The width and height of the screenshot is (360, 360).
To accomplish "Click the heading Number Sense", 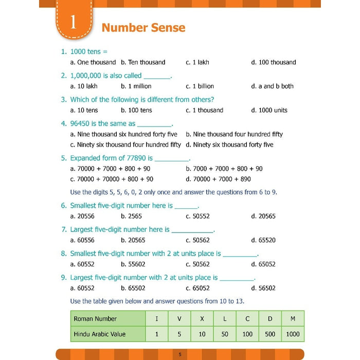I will pos(143,27).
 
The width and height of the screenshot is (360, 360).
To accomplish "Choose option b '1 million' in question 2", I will pos(136,86).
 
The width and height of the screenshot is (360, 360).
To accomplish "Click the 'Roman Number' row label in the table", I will pos(95,319).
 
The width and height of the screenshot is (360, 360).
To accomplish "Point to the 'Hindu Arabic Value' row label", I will pos(100,334).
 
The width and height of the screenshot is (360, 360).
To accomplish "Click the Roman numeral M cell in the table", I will pos(293,319).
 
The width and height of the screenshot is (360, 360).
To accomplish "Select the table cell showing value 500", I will pos(270,334).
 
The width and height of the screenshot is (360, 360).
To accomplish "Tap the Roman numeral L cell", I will pos(225,319).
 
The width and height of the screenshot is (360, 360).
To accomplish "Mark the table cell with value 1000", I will pos(293,334).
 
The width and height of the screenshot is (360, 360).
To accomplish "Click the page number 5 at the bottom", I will pos(180,354).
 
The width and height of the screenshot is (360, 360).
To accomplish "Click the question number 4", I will pos(64,123).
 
